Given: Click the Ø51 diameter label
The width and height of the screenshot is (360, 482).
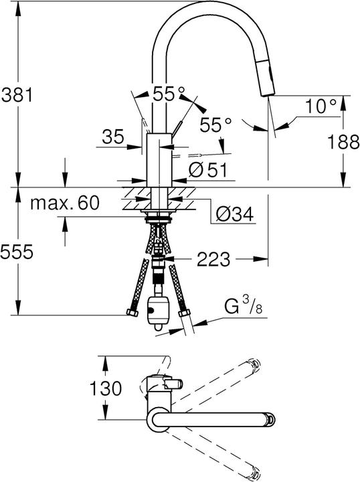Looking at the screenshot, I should click(208, 170).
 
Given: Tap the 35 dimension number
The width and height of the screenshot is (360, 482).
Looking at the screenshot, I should click(113, 137).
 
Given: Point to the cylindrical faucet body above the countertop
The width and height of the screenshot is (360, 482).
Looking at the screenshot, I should click(158, 158).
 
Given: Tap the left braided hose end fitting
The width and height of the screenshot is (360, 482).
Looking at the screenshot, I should click(129, 313).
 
